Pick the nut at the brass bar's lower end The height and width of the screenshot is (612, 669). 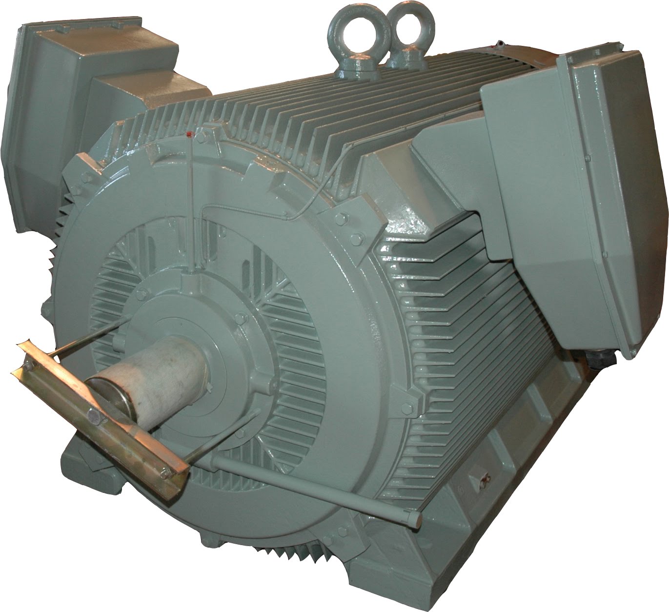point(163,471)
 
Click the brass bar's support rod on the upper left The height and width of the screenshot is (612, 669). point(88,337)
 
